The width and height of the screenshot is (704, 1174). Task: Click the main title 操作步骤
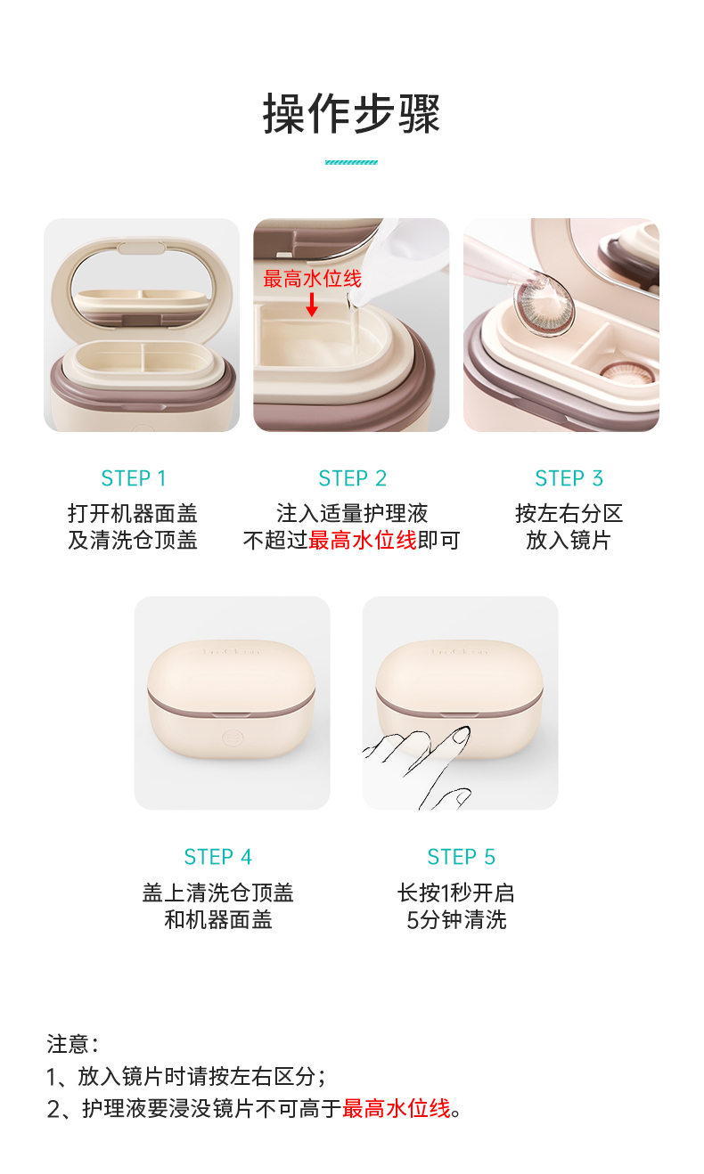coord(351,113)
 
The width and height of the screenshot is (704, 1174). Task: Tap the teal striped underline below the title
coord(351,162)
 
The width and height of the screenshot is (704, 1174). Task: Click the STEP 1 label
coord(134,478)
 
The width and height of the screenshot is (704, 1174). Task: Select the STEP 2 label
coord(352,478)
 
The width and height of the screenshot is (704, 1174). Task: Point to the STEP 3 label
coord(569,478)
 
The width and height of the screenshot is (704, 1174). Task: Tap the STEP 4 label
coord(218,857)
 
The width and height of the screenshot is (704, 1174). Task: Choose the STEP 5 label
coord(461,857)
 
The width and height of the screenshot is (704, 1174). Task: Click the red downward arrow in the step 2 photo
coord(312,305)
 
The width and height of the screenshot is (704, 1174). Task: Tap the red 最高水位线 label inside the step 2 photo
coord(313,278)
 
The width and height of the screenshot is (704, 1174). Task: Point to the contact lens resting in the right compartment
coord(627,371)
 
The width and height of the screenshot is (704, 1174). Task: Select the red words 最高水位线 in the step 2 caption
coord(363,541)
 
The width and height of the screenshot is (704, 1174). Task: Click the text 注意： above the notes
coord(73,1044)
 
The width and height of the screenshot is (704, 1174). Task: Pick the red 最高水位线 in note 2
coord(397,1109)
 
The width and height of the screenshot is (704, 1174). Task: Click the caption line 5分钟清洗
coord(456,920)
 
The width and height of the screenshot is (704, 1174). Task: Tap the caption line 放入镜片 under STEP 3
coord(569,541)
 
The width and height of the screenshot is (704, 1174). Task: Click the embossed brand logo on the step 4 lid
coord(231,651)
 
